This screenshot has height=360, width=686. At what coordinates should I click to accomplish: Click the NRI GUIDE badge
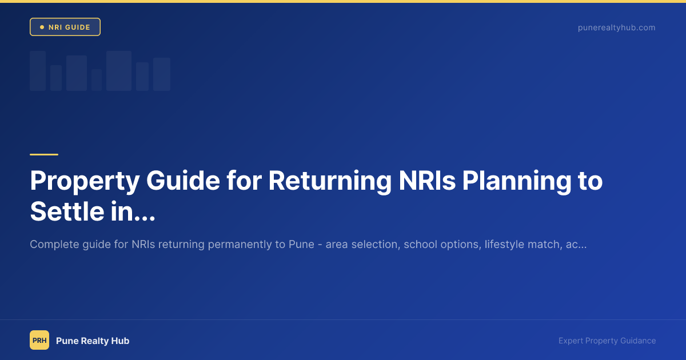click(65, 27)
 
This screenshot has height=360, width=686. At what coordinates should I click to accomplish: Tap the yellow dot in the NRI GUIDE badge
click(42, 27)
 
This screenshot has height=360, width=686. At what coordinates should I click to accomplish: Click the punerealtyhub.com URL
click(616, 27)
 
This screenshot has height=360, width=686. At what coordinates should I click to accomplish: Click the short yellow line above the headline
click(44, 154)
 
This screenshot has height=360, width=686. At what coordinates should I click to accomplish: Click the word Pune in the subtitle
click(301, 245)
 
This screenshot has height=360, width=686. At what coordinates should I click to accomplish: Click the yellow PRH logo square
click(39, 341)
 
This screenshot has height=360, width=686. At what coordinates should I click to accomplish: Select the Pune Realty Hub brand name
click(93, 341)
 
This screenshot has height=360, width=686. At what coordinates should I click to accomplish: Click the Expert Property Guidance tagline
click(607, 341)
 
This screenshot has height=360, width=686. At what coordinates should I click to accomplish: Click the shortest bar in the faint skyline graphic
click(97, 80)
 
